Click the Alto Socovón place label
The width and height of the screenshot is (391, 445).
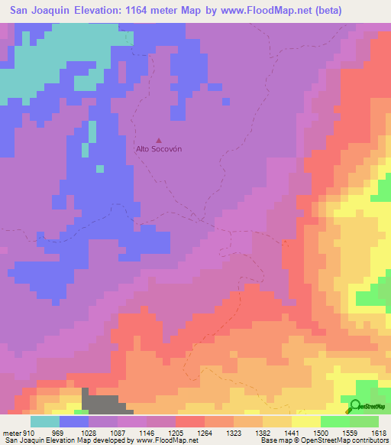click(x=159, y=149)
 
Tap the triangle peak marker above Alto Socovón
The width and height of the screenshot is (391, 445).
click(x=159, y=140)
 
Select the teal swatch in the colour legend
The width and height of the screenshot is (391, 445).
click(x=45, y=421)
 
